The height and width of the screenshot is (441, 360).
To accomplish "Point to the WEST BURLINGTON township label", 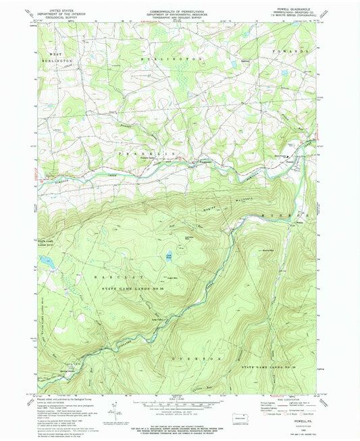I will (x=57, y=57).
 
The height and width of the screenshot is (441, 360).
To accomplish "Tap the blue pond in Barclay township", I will (x=168, y=256).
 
